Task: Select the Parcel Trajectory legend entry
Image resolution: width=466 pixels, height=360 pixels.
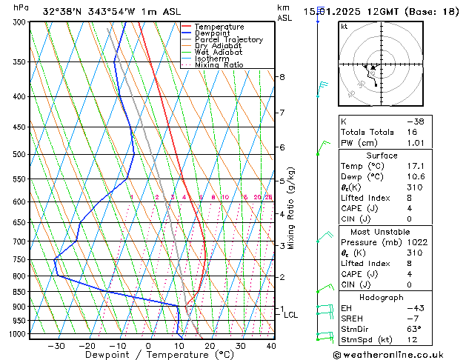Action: pos(228,40)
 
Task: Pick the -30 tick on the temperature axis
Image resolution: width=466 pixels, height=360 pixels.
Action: pos(56,346)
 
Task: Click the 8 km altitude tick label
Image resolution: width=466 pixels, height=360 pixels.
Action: pos(282,77)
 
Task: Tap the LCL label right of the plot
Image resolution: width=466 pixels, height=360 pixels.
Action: pos(290,315)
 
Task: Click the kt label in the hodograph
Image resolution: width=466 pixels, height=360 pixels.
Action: pos(344,27)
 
